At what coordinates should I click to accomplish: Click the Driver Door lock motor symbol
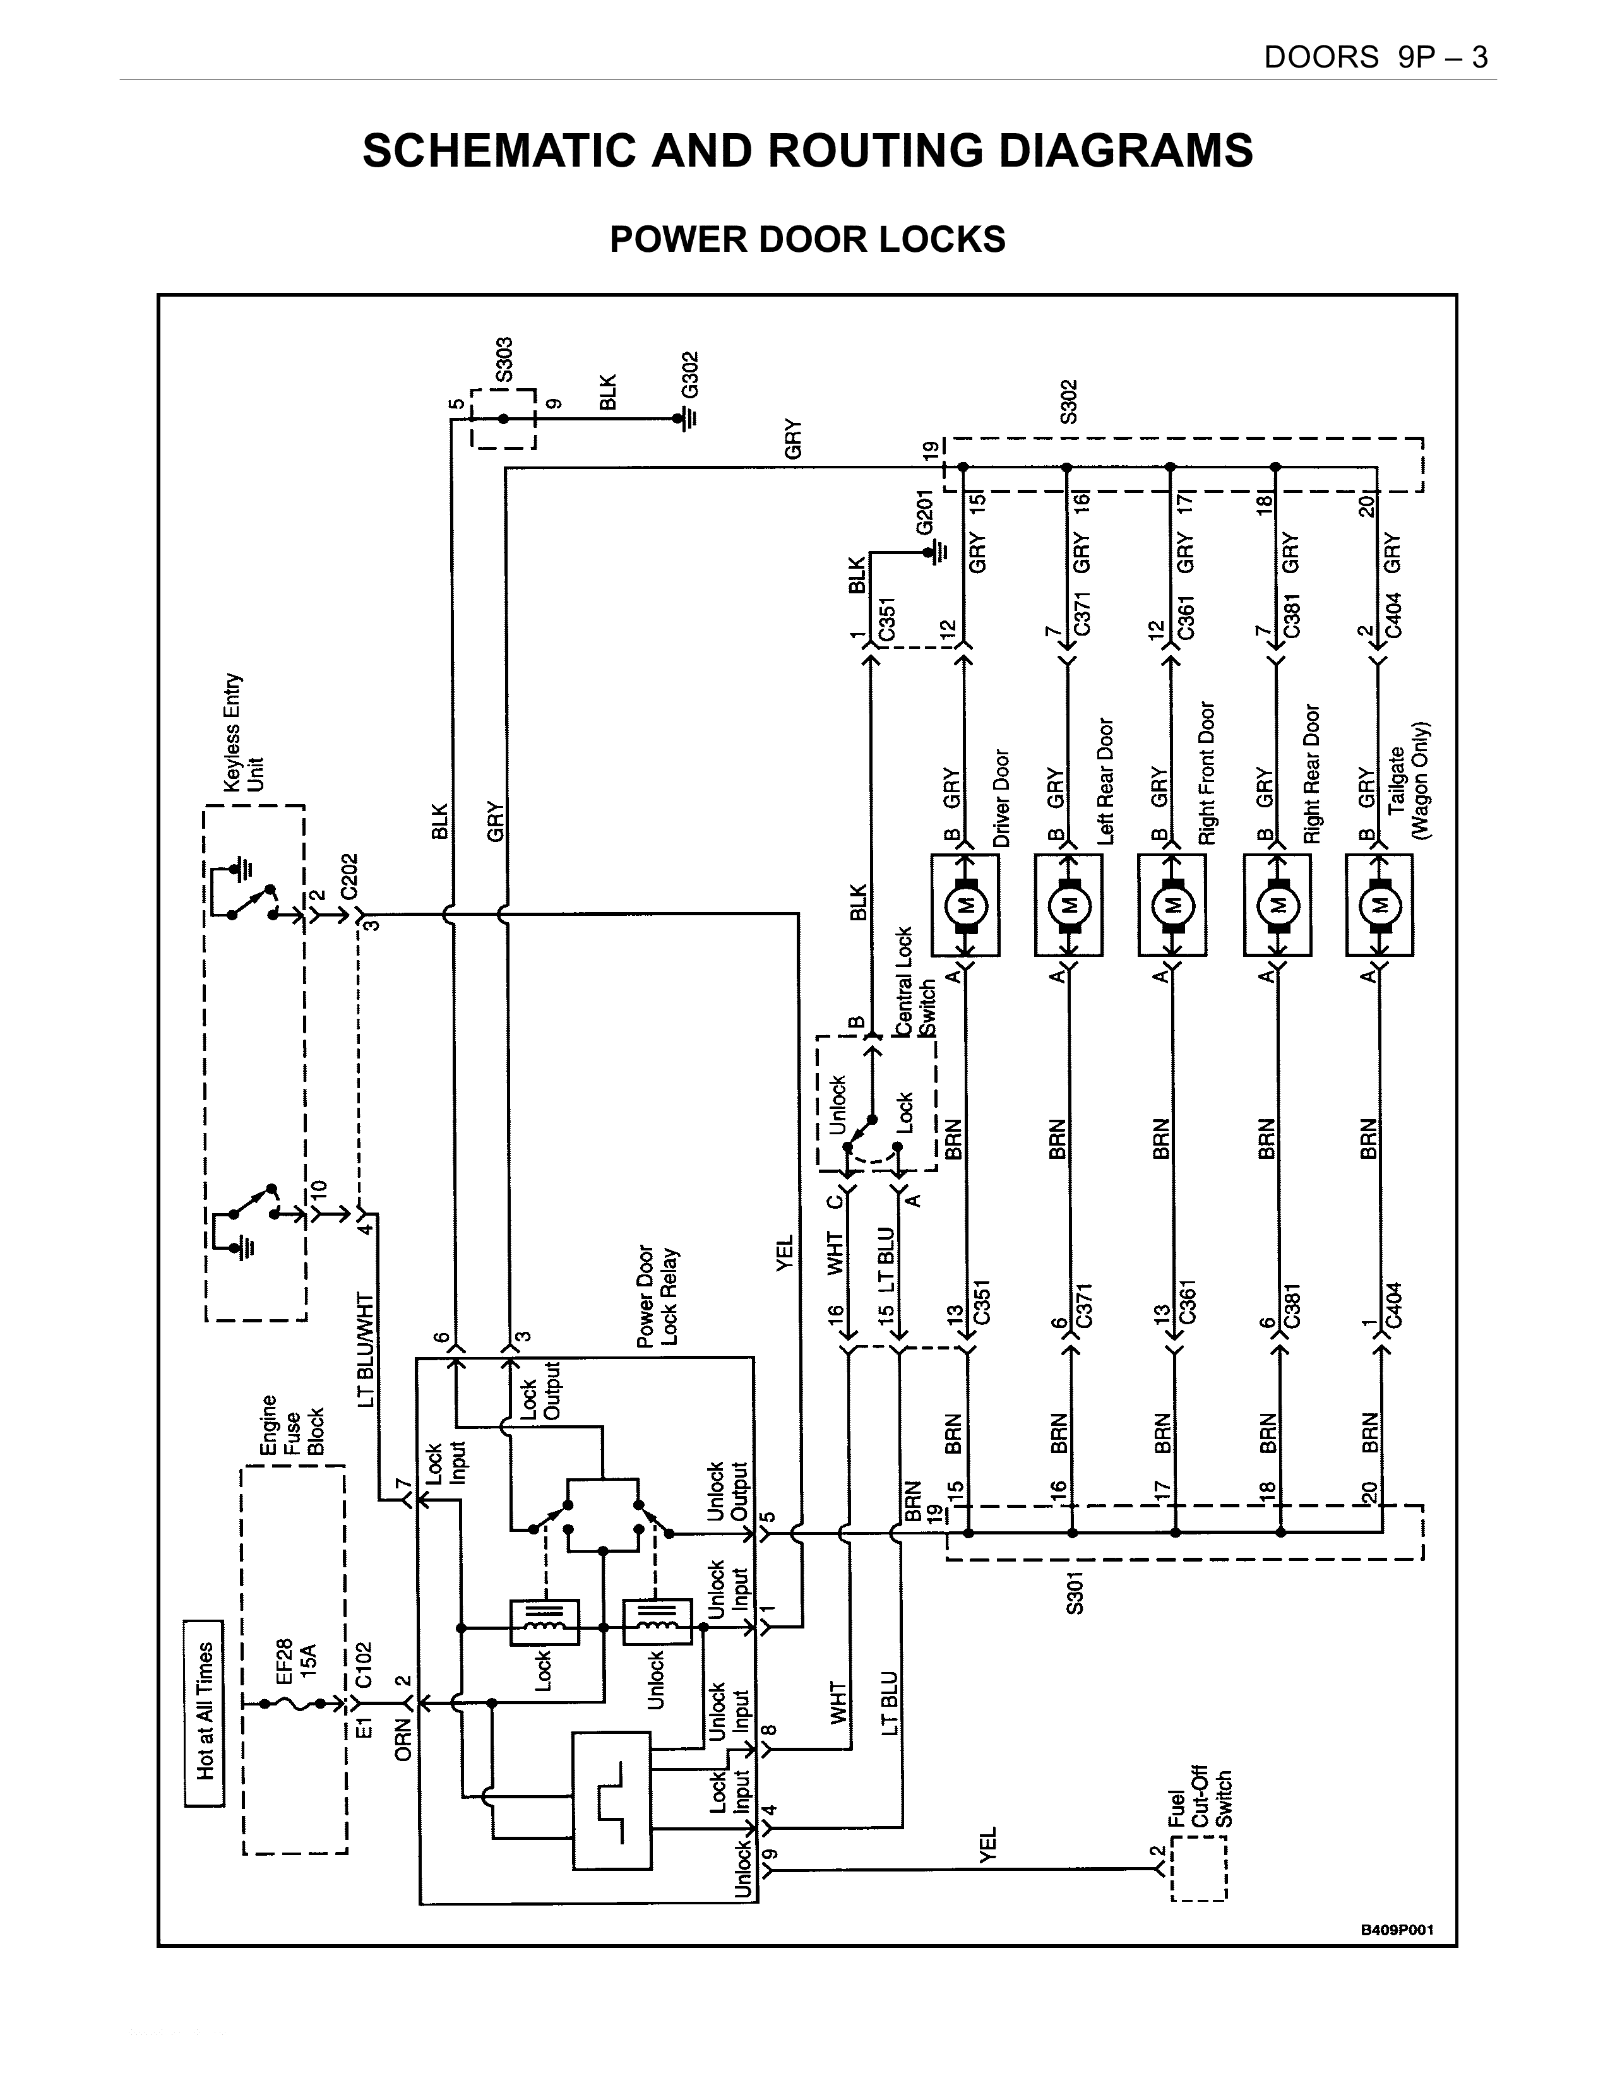pyautogui.click(x=966, y=905)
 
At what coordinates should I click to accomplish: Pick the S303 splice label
pyautogui.click(x=505, y=359)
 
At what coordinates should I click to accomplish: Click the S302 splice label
pyautogui.click(x=1069, y=401)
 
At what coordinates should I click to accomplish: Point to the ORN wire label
pyautogui.click(x=403, y=1739)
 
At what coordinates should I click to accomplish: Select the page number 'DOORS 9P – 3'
pyautogui.click(x=1376, y=57)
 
